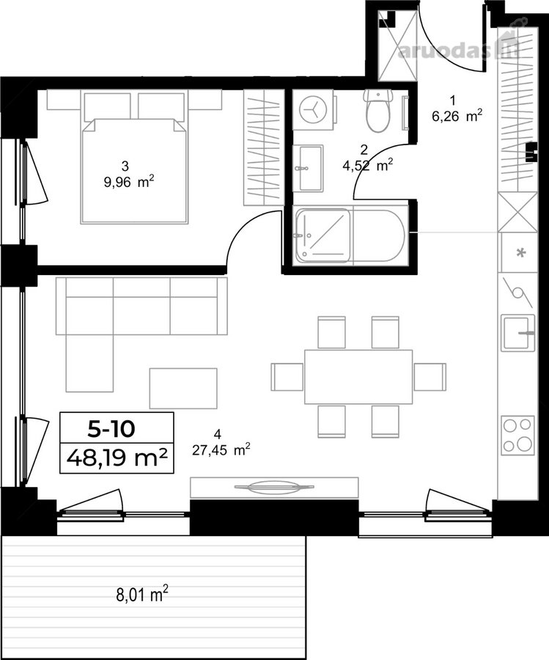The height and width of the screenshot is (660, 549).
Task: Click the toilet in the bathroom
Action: (x=378, y=110)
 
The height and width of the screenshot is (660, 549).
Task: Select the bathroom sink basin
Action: (x=312, y=168)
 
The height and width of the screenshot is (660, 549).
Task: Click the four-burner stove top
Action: (x=518, y=435)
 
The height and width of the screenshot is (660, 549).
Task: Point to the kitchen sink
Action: (x=518, y=332)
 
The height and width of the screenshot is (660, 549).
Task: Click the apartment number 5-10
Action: (x=111, y=428)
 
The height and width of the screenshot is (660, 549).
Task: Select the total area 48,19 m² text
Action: (x=117, y=458)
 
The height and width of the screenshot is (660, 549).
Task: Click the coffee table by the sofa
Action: (x=183, y=388)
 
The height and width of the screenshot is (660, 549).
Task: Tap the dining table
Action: (x=358, y=377)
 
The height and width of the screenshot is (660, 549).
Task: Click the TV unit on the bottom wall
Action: (x=274, y=488)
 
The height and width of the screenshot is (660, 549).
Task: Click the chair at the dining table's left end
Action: (x=287, y=377)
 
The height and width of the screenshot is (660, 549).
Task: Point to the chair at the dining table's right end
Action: (x=430, y=377)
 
